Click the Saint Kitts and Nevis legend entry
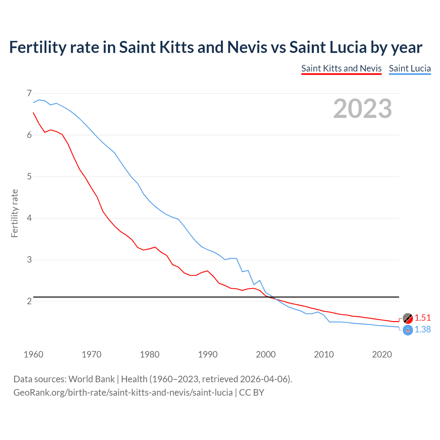click(341, 68)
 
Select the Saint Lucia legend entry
click(410, 68)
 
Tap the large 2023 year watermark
click(363, 109)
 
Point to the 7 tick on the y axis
click(29, 93)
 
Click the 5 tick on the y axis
click(29, 176)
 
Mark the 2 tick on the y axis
click(29, 301)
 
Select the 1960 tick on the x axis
click(33, 354)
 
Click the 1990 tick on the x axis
click(208, 354)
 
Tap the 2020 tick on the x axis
click(382, 354)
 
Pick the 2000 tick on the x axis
click(266, 354)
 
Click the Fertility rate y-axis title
click(14, 213)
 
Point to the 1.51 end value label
click(422, 318)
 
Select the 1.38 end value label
click(422, 330)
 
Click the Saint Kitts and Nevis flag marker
click(408, 318)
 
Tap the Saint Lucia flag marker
click(408, 330)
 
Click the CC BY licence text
click(252, 393)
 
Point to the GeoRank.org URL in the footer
click(123, 393)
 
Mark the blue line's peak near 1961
click(39, 100)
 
